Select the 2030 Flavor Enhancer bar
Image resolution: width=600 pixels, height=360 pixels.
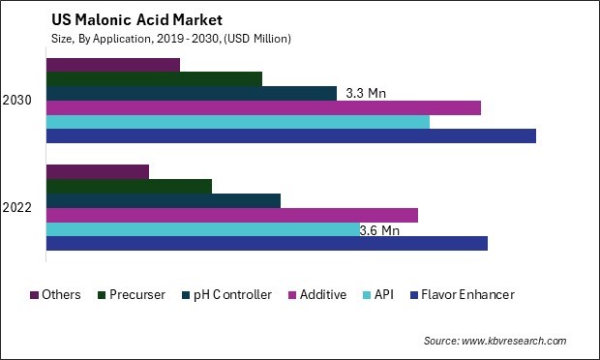[x=290, y=136]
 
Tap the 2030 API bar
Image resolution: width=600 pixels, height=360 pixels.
[x=237, y=122]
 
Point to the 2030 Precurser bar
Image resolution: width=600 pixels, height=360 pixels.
[x=154, y=78]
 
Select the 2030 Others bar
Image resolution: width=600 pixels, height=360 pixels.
[x=112, y=65]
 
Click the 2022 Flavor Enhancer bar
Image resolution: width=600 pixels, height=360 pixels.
[x=266, y=244]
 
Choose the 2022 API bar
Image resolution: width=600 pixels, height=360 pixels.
[x=202, y=229]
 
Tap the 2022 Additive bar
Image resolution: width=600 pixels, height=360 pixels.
[x=231, y=215]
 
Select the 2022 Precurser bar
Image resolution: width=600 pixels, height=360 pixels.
[x=129, y=186]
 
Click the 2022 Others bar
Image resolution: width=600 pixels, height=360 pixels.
[x=97, y=171]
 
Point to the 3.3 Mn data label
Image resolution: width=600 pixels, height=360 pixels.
[x=366, y=94]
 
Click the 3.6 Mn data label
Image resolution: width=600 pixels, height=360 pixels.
[x=379, y=230]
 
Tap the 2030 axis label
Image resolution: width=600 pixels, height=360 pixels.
[x=16, y=101]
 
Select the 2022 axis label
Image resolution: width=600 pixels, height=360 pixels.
[x=16, y=208]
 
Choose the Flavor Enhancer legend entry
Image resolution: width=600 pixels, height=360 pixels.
[x=466, y=294]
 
